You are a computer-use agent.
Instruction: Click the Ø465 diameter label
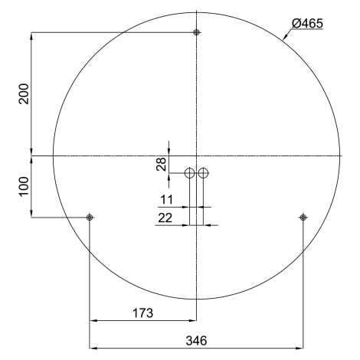tap(307, 24)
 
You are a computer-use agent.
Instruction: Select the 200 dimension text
tap(24, 93)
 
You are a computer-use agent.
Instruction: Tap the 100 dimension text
tap(24, 186)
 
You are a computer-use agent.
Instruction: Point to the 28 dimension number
tap(162, 164)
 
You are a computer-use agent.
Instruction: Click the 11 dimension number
tap(166, 199)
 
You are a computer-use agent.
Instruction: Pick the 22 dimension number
tap(165, 218)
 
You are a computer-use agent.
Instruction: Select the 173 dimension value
tap(143, 313)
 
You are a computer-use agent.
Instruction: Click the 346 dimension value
tap(196, 341)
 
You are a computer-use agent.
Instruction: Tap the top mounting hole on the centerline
tap(196, 32)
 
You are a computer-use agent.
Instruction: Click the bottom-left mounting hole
tap(90, 218)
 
